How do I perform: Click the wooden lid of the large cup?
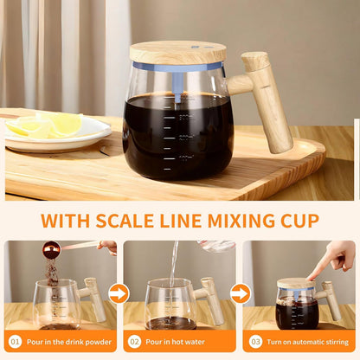177,52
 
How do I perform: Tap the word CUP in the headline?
293,220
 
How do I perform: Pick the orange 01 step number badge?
16,343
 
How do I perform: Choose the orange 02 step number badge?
135,343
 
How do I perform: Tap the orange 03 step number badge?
254,343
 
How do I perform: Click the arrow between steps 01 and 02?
119,293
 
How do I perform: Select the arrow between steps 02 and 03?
240,293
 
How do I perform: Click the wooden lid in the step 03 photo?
295,283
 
